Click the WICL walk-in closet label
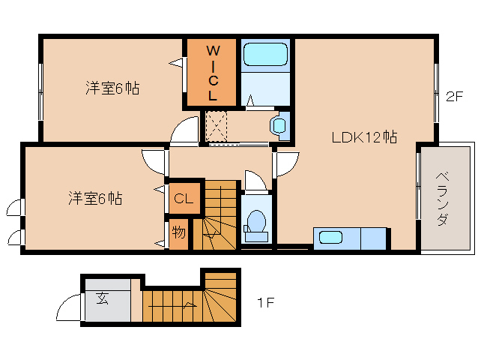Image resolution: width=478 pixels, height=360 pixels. click(212, 73)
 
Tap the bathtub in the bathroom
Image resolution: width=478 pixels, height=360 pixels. click(266, 55)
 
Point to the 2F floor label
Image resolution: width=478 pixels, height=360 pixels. click(455, 96)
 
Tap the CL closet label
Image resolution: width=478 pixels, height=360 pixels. click(184, 199)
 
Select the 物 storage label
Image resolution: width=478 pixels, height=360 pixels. click(178, 232)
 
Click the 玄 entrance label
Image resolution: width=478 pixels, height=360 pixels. click(102, 298)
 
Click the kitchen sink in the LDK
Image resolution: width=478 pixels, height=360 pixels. click(330, 237)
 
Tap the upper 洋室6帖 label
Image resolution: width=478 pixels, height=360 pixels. click(112, 88)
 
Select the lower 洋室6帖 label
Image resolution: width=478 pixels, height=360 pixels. click(95, 199)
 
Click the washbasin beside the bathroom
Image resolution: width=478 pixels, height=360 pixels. click(279, 124)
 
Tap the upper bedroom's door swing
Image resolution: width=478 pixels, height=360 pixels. click(184, 131)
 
